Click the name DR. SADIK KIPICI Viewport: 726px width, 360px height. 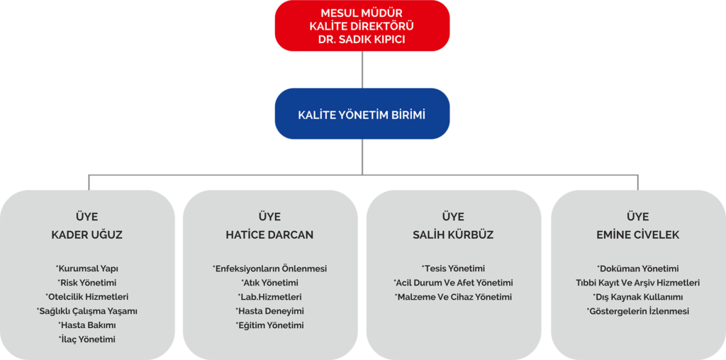coord(362,40)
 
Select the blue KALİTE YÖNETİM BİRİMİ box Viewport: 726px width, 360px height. coord(362,113)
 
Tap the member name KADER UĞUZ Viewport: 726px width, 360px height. coord(87,235)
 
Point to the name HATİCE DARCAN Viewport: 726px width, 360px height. coord(269,235)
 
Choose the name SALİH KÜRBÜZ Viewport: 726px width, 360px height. coord(453,235)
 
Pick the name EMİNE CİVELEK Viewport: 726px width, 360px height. coord(637,235)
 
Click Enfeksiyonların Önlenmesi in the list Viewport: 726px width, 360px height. coord(269,269)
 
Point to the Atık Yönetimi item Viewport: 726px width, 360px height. coord(269,283)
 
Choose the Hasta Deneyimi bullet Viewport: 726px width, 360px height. coord(269,311)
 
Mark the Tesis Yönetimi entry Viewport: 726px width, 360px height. coord(453,269)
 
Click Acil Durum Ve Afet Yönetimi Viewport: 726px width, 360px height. coord(453,283)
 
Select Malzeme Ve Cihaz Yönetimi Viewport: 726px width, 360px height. coord(453,297)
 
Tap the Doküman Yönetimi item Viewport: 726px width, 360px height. coord(637,269)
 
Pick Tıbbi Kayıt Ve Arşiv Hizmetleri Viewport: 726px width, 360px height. coord(637,283)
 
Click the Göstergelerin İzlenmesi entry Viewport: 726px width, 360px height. coord(637,311)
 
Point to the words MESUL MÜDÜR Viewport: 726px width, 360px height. coord(362,12)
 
